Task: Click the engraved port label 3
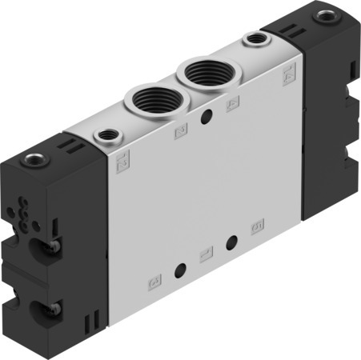[154, 282]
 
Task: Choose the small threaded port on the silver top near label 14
[255, 37]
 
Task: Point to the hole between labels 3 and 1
[181, 270]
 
